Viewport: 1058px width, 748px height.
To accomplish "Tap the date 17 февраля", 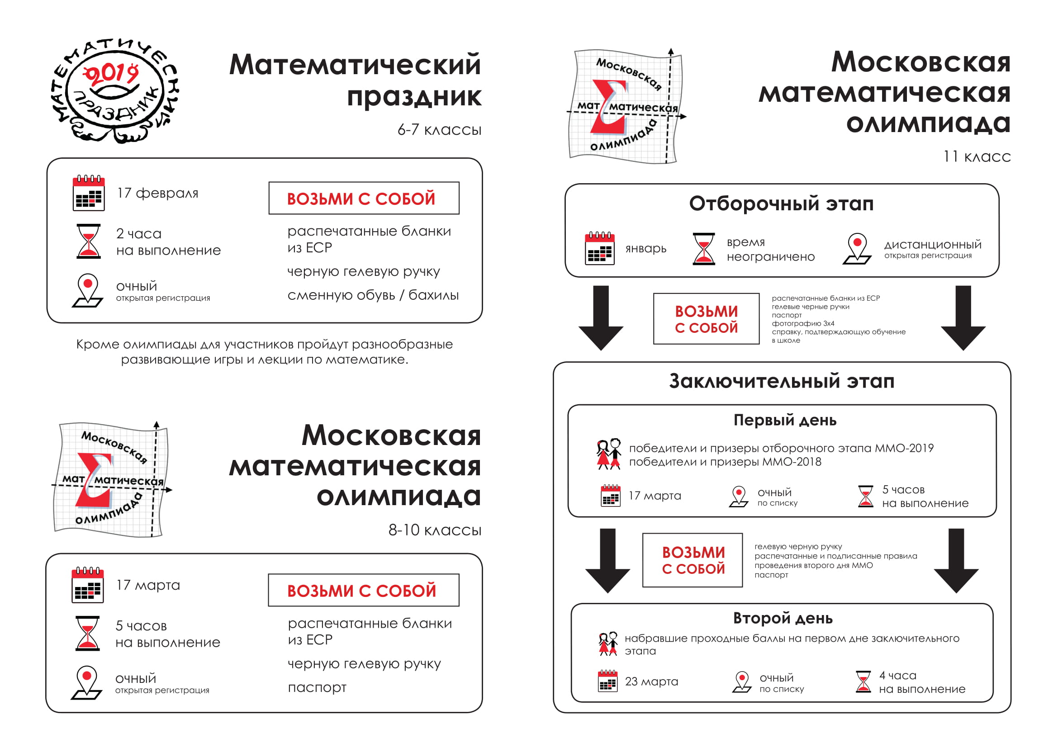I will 157,193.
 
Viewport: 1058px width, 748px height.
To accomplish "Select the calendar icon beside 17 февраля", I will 89,193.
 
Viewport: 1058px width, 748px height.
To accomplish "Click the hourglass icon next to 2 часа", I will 89,241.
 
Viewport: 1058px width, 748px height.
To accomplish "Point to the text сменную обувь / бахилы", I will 373,295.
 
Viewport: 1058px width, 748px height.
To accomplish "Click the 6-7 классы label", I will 439,130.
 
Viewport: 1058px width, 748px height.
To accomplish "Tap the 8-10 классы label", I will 435,530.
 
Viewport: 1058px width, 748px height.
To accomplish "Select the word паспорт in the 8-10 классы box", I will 317,687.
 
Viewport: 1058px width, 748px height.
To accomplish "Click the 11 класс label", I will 977,156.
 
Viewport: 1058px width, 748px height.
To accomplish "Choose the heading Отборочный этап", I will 781,204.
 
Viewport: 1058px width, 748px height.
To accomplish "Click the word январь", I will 645,249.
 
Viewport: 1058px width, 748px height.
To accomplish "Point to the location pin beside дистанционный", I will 857,249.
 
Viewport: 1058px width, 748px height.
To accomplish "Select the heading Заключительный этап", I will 782,381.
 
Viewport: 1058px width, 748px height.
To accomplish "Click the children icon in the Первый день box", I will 609,454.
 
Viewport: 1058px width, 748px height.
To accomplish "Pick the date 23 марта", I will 651,681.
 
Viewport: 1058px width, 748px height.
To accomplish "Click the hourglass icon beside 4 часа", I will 863,682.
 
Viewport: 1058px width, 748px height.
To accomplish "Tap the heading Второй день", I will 783,618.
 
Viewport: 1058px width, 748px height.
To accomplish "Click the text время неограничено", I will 770,249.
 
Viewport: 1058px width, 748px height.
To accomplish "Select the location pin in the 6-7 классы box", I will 88,290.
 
